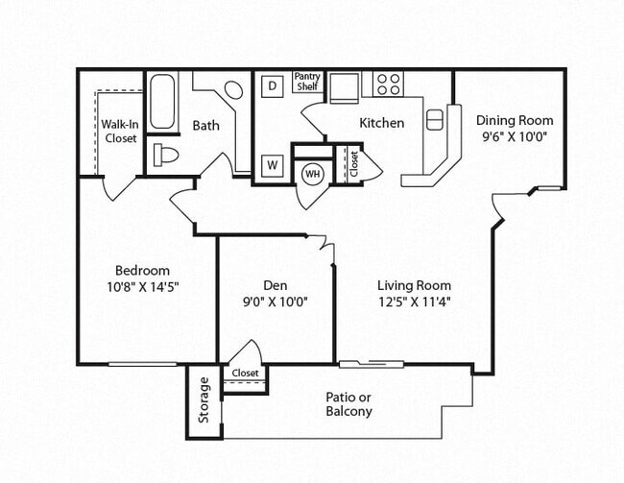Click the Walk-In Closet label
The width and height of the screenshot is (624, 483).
119,131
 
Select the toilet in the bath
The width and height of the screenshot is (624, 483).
166,155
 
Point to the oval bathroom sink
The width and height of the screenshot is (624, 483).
233,90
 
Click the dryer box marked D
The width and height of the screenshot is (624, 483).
272,85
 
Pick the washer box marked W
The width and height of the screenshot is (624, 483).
272,165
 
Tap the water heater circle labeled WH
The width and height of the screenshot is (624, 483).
312,174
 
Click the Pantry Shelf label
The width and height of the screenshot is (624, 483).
307,82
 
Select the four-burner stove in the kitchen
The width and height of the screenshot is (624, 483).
388,84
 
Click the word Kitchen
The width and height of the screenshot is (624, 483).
381,123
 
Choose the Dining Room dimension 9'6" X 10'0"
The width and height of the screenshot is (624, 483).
515,136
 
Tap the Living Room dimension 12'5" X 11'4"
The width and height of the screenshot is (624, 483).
414,301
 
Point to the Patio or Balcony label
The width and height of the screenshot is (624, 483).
348,404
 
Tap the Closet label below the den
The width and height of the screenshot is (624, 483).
245,373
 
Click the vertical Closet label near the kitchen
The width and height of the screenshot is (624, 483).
353,163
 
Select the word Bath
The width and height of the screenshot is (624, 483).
206,125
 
